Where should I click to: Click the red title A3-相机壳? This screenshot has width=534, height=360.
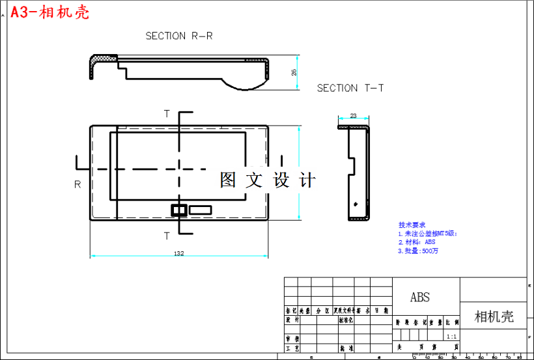(50, 12)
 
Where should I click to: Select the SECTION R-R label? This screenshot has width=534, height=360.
(179, 36)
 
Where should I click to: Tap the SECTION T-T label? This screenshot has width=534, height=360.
(350, 88)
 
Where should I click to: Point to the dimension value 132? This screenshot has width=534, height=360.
(178, 253)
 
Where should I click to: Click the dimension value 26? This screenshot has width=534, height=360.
(294, 72)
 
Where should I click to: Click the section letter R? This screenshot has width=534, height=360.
(77, 185)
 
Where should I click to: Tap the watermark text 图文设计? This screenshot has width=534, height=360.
(268, 180)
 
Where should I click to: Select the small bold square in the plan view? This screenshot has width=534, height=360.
(178, 210)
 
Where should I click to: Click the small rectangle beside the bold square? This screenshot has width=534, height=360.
(201, 210)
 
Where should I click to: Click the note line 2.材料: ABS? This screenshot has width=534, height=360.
(417, 242)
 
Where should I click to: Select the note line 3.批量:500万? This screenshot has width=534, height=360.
(418, 251)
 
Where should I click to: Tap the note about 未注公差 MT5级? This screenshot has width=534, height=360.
(428, 233)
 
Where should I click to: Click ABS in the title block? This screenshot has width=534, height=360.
(420, 298)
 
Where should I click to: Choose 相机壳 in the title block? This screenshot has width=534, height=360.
(494, 317)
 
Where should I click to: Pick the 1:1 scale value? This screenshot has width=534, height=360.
(452, 337)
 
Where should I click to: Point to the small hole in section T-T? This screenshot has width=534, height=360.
(356, 203)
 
